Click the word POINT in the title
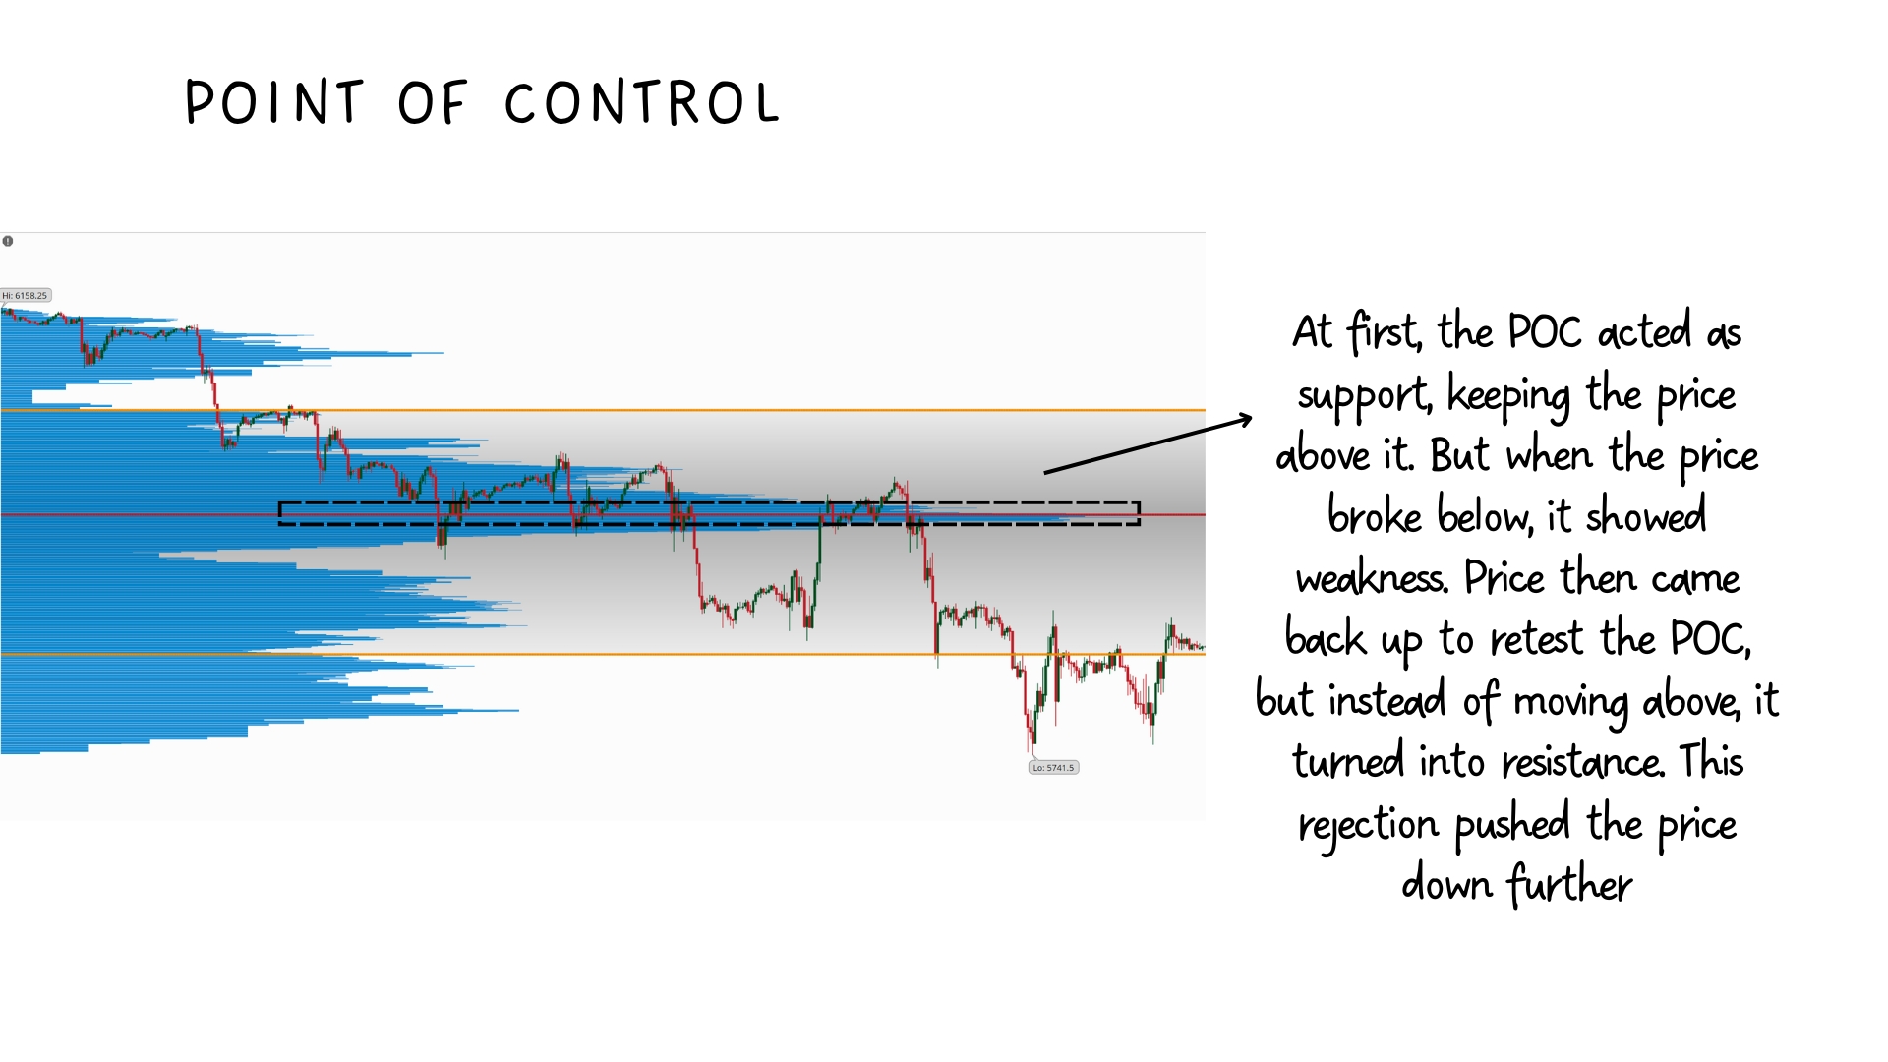(x=274, y=102)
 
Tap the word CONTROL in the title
(x=642, y=102)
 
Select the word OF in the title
(x=432, y=102)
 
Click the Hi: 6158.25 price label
(x=26, y=295)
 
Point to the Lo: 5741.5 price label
(x=1053, y=768)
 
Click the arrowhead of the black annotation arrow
(x=1246, y=419)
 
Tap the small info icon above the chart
(x=8, y=241)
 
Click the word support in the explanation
(x=1364, y=396)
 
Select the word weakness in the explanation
(x=1372, y=578)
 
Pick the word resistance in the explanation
(x=1582, y=762)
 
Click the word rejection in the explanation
(x=1369, y=824)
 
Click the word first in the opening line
(x=1384, y=331)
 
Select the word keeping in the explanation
(x=1509, y=396)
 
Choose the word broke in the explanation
(x=1375, y=514)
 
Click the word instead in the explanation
(x=1387, y=701)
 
